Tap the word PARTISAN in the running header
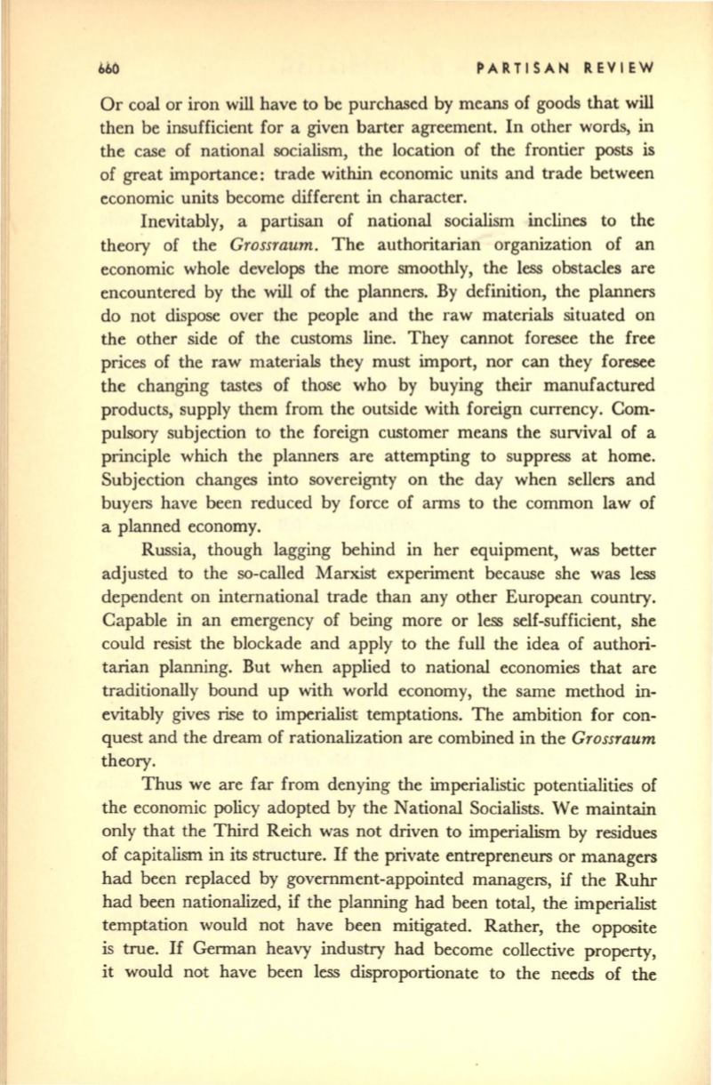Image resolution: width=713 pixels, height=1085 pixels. pos(515,68)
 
